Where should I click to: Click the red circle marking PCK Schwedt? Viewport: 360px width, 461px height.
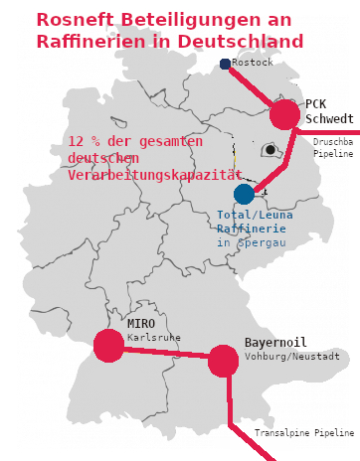[284, 114]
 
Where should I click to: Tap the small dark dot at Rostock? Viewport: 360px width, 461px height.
[225, 65]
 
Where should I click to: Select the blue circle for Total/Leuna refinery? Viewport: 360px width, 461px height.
[244, 194]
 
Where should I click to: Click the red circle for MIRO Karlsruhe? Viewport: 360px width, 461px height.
[108, 345]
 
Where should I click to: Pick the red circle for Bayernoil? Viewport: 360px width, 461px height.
[223, 362]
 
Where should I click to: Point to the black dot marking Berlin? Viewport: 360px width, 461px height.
[270, 150]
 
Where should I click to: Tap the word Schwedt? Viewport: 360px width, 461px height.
[329, 119]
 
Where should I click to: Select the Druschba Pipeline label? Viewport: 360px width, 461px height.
[333, 148]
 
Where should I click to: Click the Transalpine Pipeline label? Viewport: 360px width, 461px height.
[304, 434]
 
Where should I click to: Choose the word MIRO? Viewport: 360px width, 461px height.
[141, 323]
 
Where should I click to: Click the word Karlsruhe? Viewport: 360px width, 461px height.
[153, 338]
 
